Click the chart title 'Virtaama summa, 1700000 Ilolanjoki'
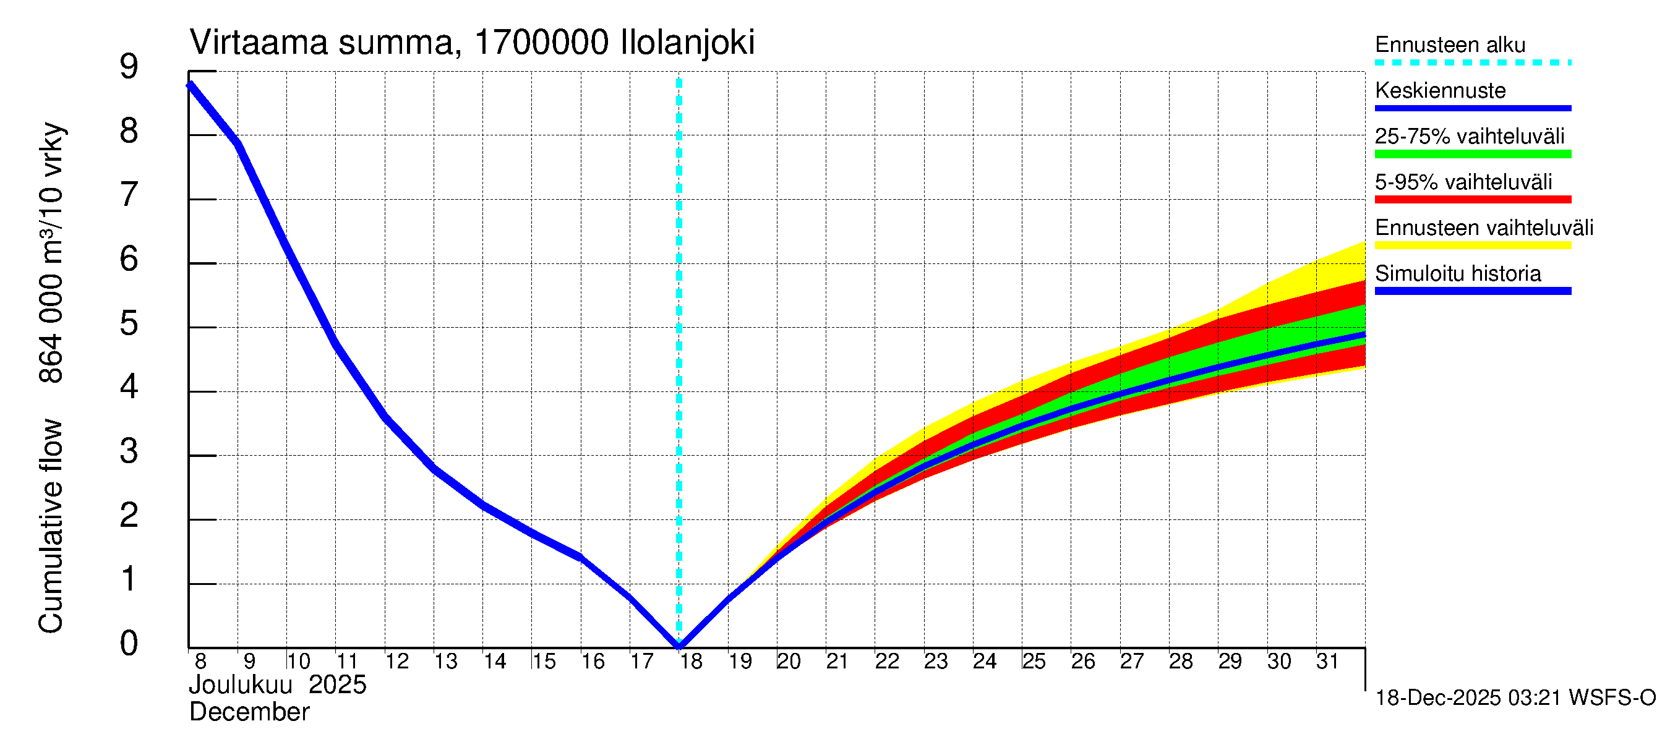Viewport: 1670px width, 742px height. pyautogui.click(x=472, y=43)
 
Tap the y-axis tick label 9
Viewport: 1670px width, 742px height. pyautogui.click(x=129, y=67)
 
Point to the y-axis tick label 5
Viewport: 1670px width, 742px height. pyautogui.click(x=129, y=323)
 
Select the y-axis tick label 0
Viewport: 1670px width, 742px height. pyautogui.click(x=129, y=644)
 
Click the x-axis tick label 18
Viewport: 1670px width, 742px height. pyautogui.click(x=691, y=662)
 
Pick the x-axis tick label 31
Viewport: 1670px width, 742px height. pyautogui.click(x=1327, y=662)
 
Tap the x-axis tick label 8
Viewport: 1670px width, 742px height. pyautogui.click(x=200, y=662)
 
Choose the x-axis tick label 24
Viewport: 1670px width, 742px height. pyautogui.click(x=984, y=662)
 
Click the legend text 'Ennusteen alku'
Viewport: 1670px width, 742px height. pyautogui.click(x=1450, y=45)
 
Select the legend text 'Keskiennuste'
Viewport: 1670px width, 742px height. pyautogui.click(x=1441, y=91)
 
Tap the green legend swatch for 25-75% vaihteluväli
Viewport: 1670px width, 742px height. pyautogui.click(x=1473, y=154)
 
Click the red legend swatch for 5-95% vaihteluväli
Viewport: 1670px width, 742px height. pyautogui.click(x=1473, y=200)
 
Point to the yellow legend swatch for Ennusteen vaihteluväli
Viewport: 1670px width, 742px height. pyautogui.click(x=1473, y=245)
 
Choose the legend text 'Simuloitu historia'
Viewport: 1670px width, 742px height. pyautogui.click(x=1458, y=274)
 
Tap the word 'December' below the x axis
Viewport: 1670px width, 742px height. pyautogui.click(x=249, y=713)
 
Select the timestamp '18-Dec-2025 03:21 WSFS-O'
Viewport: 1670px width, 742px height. pyautogui.click(x=1515, y=698)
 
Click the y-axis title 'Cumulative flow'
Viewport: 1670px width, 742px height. pyautogui.click(x=51, y=526)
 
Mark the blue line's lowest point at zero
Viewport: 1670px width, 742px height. pyautogui.click(x=679, y=646)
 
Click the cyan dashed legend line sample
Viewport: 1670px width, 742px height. pyautogui.click(x=1473, y=63)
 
